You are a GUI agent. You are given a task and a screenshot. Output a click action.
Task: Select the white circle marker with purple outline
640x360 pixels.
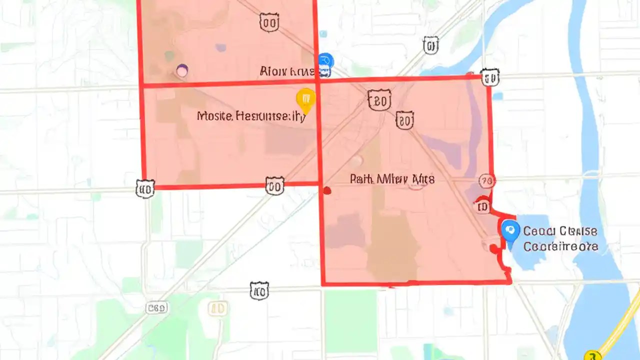click(182, 71)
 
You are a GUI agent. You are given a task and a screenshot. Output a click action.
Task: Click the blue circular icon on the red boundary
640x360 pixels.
click(325, 61)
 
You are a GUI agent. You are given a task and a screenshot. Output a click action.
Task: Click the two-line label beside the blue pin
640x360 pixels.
click(560, 239)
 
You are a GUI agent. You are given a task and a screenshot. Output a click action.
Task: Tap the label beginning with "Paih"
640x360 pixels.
click(392, 179)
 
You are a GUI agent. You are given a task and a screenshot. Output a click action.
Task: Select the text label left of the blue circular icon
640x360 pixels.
click(287, 72)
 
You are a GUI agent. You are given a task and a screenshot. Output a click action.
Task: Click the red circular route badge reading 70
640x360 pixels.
click(486, 180)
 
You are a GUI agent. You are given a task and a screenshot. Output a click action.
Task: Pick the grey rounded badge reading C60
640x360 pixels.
click(156, 308)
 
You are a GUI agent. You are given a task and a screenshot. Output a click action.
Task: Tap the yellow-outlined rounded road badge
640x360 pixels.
click(218, 308)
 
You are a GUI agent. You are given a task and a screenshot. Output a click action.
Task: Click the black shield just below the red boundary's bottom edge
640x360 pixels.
click(259, 290)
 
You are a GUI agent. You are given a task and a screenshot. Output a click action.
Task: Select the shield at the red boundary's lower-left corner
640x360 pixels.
click(145, 189)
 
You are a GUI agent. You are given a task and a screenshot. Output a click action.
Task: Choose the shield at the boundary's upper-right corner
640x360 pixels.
click(490, 77)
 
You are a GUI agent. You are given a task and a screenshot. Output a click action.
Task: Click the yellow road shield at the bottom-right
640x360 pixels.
click(593, 355)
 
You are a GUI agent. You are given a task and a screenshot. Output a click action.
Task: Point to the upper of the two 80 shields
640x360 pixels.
click(379, 100)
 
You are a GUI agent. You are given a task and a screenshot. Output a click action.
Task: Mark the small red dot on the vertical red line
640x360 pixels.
click(327, 190)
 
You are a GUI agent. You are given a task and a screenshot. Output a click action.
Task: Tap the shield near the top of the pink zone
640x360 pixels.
click(269, 22)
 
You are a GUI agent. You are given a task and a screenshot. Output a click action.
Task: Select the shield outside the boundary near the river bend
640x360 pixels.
click(430, 45)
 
